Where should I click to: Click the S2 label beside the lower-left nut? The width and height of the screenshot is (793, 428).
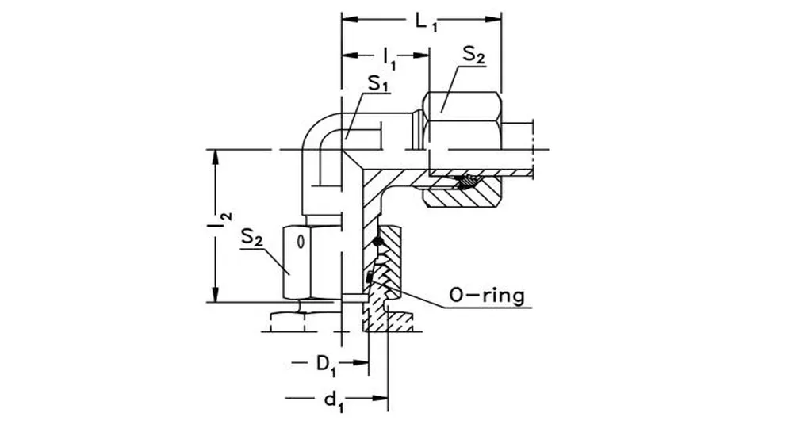252,237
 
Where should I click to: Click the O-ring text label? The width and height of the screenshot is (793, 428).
486,296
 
